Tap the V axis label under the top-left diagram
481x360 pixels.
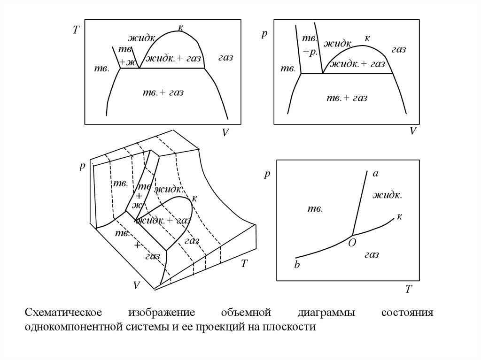click(225, 132)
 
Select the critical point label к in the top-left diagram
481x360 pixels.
click(181, 28)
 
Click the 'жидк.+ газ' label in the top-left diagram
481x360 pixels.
click(173, 58)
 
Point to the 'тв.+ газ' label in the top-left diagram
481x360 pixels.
click(163, 92)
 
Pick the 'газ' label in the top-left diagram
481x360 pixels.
click(226, 57)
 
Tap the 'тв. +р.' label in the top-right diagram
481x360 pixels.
click(310, 46)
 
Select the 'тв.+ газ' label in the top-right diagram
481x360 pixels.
click(347, 98)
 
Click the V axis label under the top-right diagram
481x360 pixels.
click(413, 131)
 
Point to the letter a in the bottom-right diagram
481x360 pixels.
click(375, 174)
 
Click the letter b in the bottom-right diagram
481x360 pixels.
click(297, 264)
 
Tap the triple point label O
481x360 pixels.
click(352, 243)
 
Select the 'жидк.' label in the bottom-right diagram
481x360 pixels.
click(387, 195)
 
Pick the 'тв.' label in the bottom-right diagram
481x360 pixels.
click(315, 209)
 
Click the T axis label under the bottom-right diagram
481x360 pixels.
click(408, 289)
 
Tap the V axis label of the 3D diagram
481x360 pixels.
click(137, 285)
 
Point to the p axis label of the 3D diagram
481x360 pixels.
click(82, 167)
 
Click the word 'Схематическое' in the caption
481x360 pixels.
click(63, 313)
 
